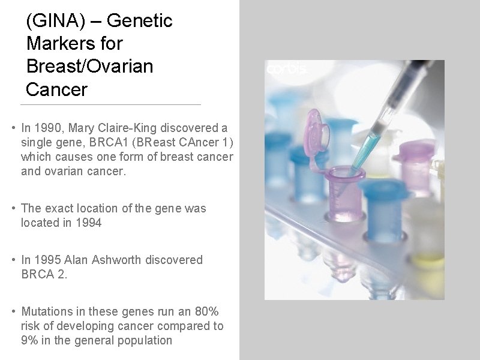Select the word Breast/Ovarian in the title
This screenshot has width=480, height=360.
pos(90,67)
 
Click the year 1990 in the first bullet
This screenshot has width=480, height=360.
pos(47,128)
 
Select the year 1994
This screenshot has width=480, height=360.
pos(88,223)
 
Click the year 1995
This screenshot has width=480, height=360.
pos(47,260)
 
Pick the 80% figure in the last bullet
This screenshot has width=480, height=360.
pos(207,311)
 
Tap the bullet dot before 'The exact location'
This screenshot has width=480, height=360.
pos(13,209)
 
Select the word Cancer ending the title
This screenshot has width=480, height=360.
pos(57,90)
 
